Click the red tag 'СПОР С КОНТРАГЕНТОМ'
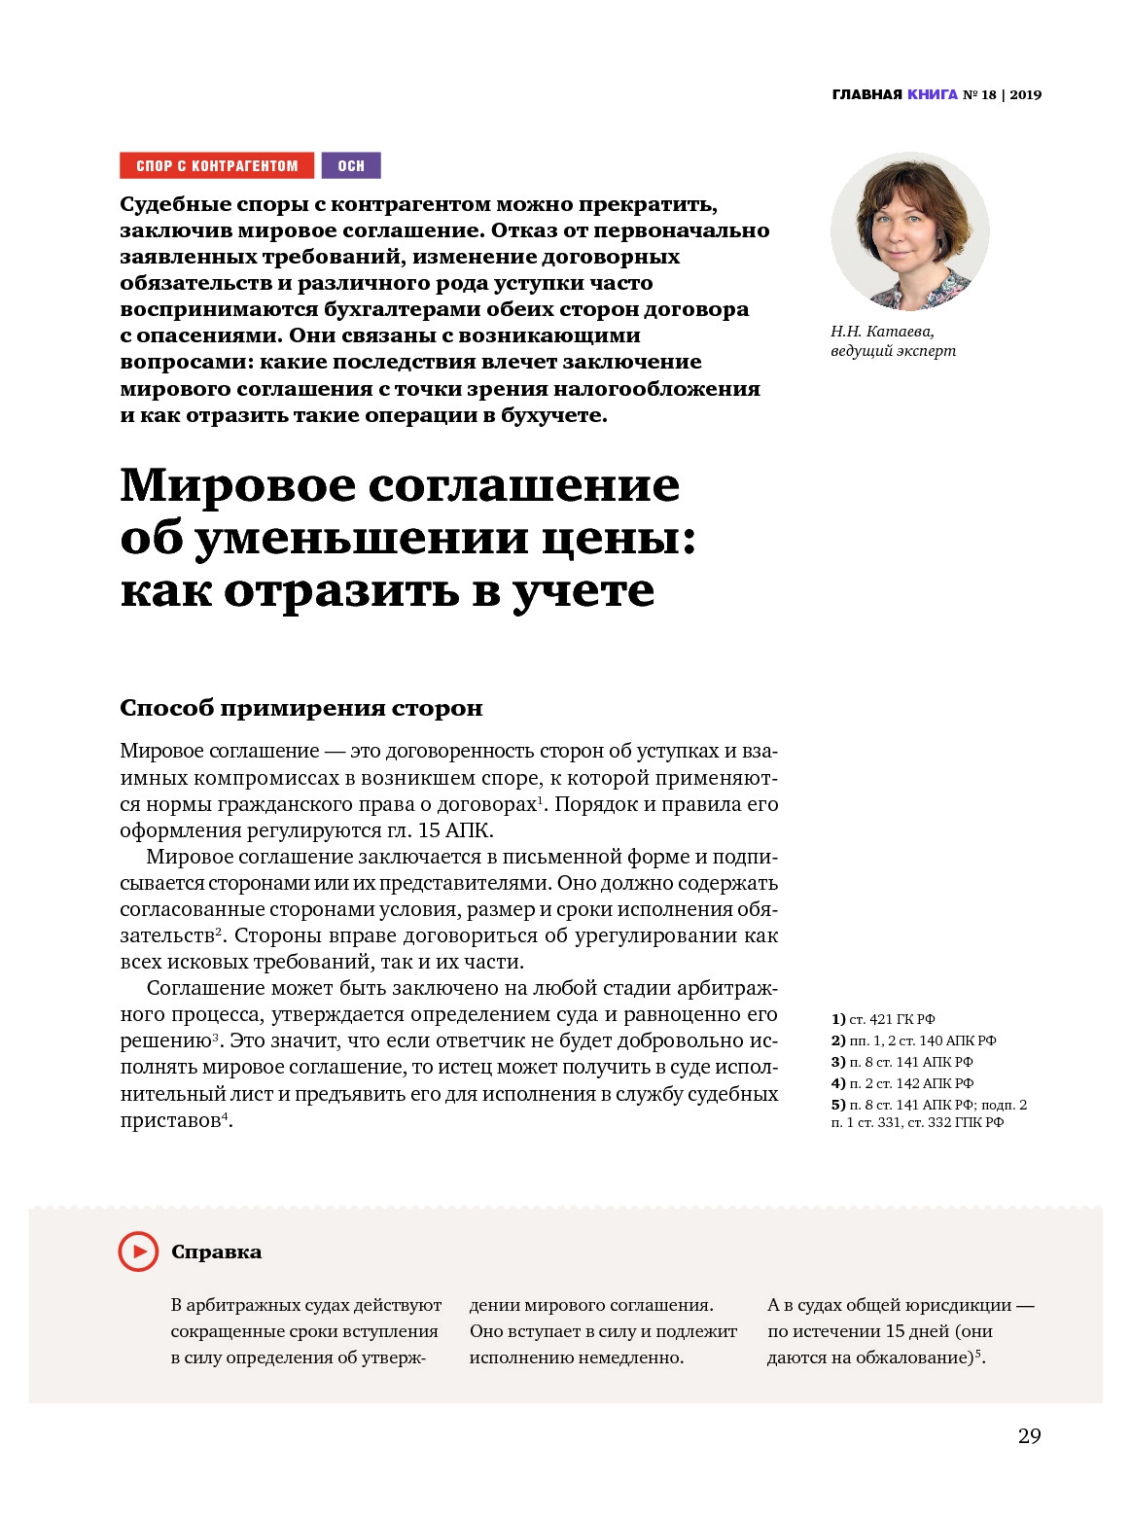[217, 165]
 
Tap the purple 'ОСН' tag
[351, 165]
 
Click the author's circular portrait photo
[909, 231]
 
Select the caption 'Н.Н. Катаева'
[882, 332]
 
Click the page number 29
[1029, 1435]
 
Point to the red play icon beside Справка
[138, 1252]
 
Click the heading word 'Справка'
[216, 1252]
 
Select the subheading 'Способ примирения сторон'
[300, 708]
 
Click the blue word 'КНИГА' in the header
[932, 94]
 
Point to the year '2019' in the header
[1025, 94]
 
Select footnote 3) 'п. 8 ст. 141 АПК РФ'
[910, 1062]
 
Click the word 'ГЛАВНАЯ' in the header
[866, 94]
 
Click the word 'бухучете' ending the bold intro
[552, 415]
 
